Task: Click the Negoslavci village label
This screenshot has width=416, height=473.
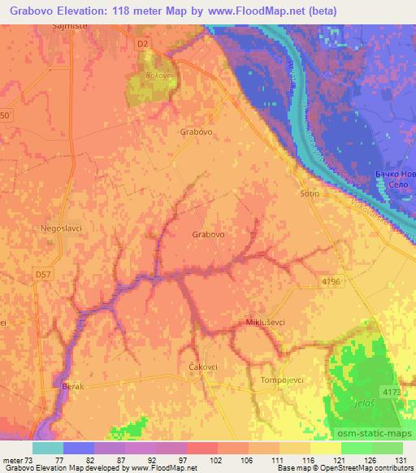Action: [x=62, y=228]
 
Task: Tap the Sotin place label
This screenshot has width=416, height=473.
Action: [x=309, y=194]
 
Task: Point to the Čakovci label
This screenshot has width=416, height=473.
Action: [x=204, y=367]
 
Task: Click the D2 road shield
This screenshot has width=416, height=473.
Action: [x=143, y=42]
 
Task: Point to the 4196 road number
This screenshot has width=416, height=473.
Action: [x=331, y=280]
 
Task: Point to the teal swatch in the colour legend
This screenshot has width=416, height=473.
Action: [x=47, y=447]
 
